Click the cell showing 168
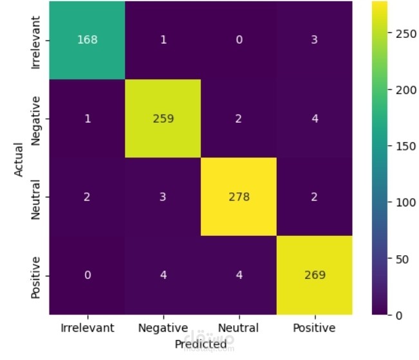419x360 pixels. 87,39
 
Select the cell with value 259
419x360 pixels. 164,118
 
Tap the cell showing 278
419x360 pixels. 239,197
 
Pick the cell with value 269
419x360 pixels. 315,275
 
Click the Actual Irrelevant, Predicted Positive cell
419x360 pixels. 315,39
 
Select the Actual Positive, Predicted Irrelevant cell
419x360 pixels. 87,275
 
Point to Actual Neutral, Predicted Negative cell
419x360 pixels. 164,197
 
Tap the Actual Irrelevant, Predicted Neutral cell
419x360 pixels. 239,39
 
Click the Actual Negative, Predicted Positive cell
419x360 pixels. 315,118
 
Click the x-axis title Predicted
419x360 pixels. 201,345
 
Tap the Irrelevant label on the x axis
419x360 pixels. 87,328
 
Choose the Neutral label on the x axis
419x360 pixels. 239,328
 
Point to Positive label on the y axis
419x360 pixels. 36,275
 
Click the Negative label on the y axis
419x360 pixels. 36,118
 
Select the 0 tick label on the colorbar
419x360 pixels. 400,315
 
